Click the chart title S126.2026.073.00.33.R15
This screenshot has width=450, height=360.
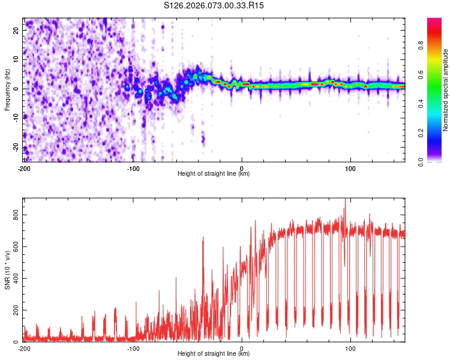pyautogui.click(x=214, y=5)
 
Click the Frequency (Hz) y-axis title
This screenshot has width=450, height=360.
pyautogui.click(x=7, y=89)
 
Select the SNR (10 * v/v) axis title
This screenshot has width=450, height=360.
pyautogui.click(x=7, y=270)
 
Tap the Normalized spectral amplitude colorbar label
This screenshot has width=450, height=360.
pyautogui.click(x=446, y=90)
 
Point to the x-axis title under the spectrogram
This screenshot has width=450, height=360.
pyautogui.click(x=214, y=173)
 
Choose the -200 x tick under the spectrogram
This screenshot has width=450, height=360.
pyautogui.click(x=25, y=167)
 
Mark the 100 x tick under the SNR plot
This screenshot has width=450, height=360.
pyautogui.click(x=350, y=347)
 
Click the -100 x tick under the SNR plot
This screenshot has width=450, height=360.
pyautogui.click(x=133, y=347)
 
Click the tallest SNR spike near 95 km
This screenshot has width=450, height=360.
pyautogui.click(x=345, y=200)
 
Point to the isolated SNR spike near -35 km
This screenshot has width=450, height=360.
pyautogui.click(x=203, y=238)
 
